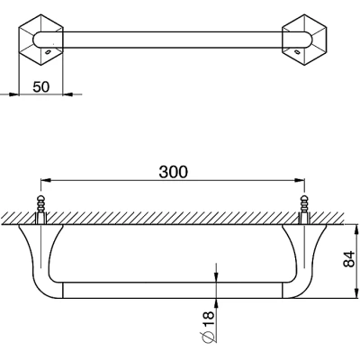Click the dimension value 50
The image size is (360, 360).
pos(41,87)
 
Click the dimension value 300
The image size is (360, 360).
pos(173,172)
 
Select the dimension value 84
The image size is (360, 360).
pos(348,259)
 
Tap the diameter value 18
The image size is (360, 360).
pos(209,319)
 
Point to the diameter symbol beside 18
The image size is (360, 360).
pos(209,337)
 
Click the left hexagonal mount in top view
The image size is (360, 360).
pos(41,40)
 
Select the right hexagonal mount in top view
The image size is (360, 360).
pos(304,40)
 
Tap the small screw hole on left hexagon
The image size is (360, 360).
pos(48,52)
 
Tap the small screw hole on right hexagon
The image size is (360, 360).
pos(297,52)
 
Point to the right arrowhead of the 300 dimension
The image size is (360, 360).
pos(300,181)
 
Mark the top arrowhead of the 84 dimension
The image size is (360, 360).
pos(356,229)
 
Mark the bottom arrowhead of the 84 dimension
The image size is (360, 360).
pos(356,293)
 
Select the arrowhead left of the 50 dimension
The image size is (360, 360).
pos(14,94)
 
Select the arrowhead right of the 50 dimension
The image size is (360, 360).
pos(67,94)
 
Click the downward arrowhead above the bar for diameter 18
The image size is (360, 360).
pos(217,277)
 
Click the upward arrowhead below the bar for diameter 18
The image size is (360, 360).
pos(217,303)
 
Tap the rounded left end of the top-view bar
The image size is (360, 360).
pos(33,40)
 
